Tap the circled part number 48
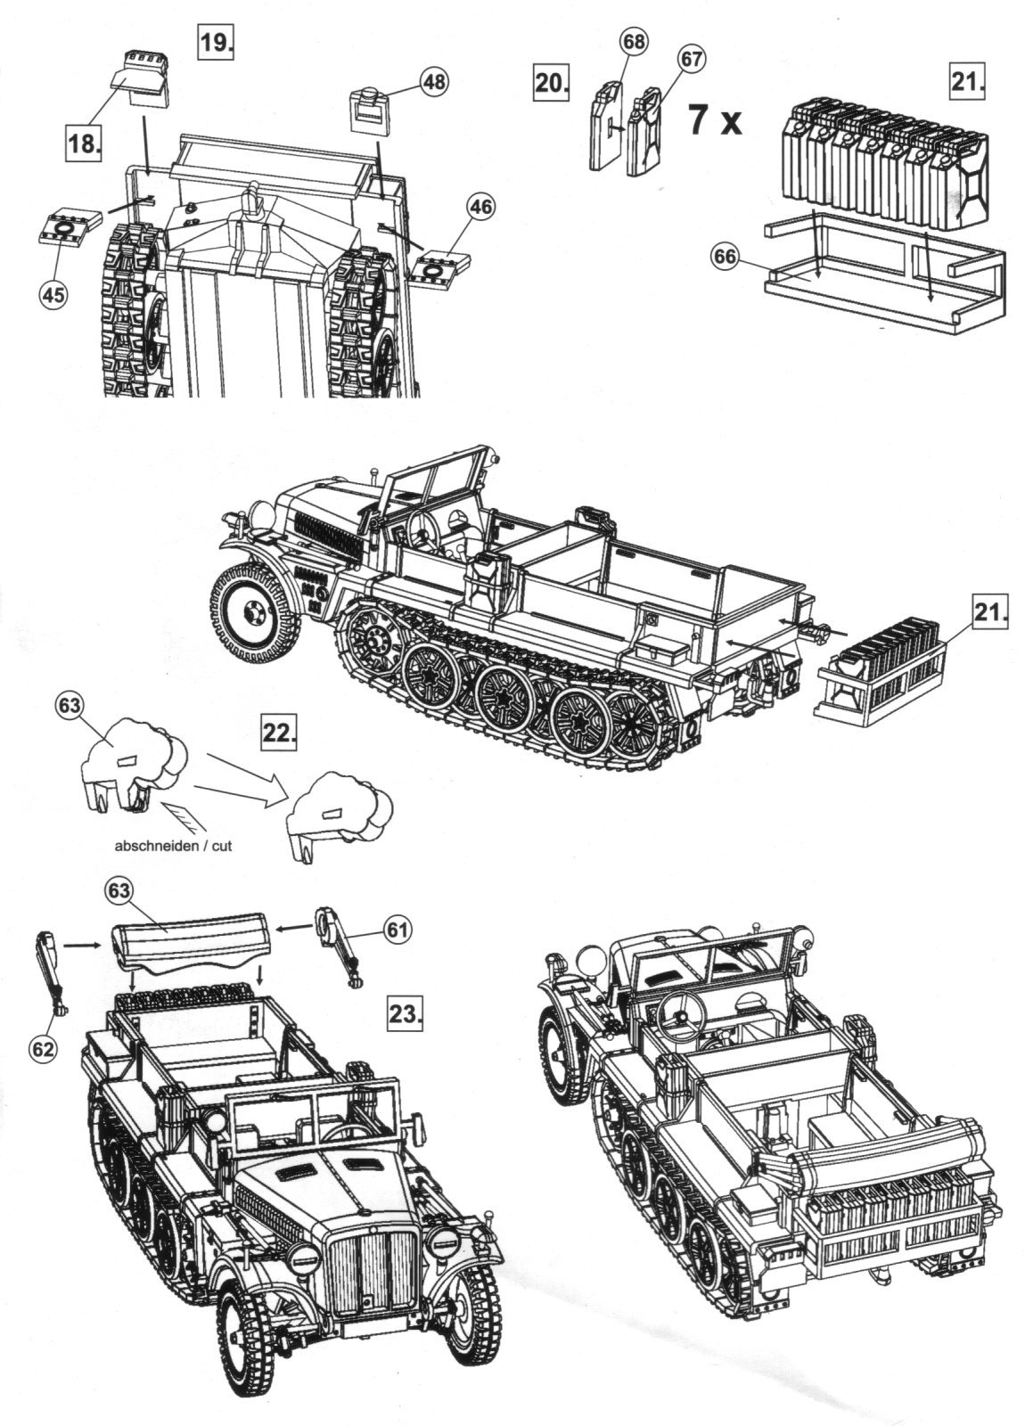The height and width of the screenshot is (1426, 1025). coord(433,82)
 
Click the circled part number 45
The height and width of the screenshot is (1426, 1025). coord(53,295)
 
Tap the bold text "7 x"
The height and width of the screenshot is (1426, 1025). coord(714,119)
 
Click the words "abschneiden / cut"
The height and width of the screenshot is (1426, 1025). coord(173,845)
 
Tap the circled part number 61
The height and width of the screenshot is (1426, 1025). coord(398,930)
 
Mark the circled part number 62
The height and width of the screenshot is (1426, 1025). coord(44,1048)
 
